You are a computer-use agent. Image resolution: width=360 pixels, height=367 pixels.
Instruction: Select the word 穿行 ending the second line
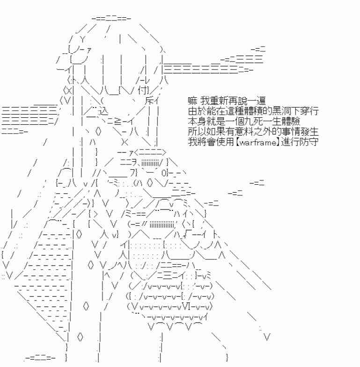(310, 112)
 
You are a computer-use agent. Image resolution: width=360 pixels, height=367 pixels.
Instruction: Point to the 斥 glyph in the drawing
(149, 101)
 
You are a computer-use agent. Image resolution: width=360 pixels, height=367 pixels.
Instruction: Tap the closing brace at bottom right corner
(227, 358)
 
